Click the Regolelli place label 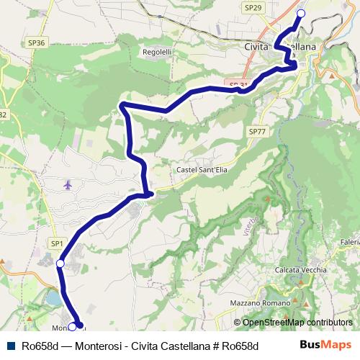[157, 52]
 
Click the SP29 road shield [253, 7]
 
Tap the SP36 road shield [37, 43]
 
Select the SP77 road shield [257, 132]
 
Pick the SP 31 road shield [239, 85]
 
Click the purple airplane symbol [68, 185]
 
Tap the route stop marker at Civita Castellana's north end [301, 14]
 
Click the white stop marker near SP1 [60, 265]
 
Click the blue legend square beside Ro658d [9, 346]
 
